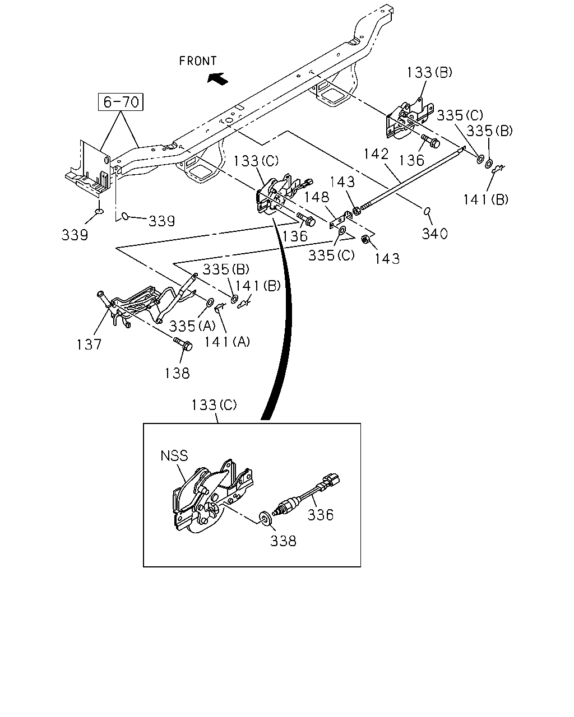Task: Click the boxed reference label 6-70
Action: (121, 102)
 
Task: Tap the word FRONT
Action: (198, 61)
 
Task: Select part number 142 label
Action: (376, 154)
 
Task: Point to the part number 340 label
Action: (434, 234)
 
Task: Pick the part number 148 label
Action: (317, 197)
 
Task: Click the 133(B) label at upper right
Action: (429, 72)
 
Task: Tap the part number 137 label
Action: (89, 344)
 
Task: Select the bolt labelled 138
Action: (183, 344)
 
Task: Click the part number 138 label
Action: (177, 373)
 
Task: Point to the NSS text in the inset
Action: (174, 455)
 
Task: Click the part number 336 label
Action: (320, 515)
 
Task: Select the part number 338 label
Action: (283, 541)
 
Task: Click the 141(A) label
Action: (227, 342)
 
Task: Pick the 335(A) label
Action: (192, 326)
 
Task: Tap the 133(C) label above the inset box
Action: (214, 405)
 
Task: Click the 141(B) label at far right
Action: (485, 199)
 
